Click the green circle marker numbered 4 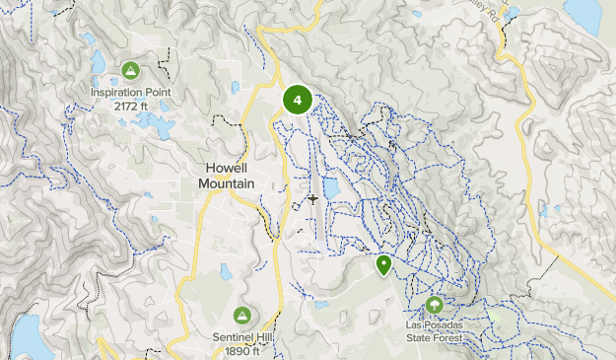click(x=298, y=100)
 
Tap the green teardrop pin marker click(x=383, y=264)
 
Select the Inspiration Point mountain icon click(x=130, y=70)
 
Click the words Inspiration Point click(x=130, y=92)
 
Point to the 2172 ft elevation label click(x=130, y=105)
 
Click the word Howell click(x=228, y=169)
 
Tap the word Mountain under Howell click(x=228, y=183)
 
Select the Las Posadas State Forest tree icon click(x=435, y=304)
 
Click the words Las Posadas click(x=435, y=324)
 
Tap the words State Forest click(x=435, y=336)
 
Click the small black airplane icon click(x=312, y=199)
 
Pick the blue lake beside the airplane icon click(x=332, y=187)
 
